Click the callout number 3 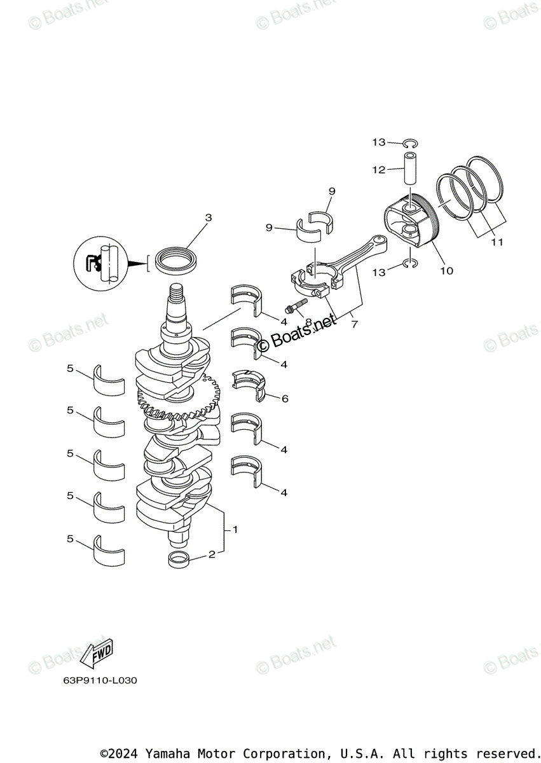click(x=208, y=218)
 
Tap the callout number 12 click(x=379, y=170)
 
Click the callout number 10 click(x=446, y=271)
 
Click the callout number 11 click(x=496, y=242)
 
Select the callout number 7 click(x=354, y=324)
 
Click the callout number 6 click(x=284, y=399)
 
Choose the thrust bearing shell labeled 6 click(x=249, y=385)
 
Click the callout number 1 click(x=235, y=530)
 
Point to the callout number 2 click(x=212, y=554)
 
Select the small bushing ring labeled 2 click(x=179, y=560)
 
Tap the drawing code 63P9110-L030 click(x=100, y=680)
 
